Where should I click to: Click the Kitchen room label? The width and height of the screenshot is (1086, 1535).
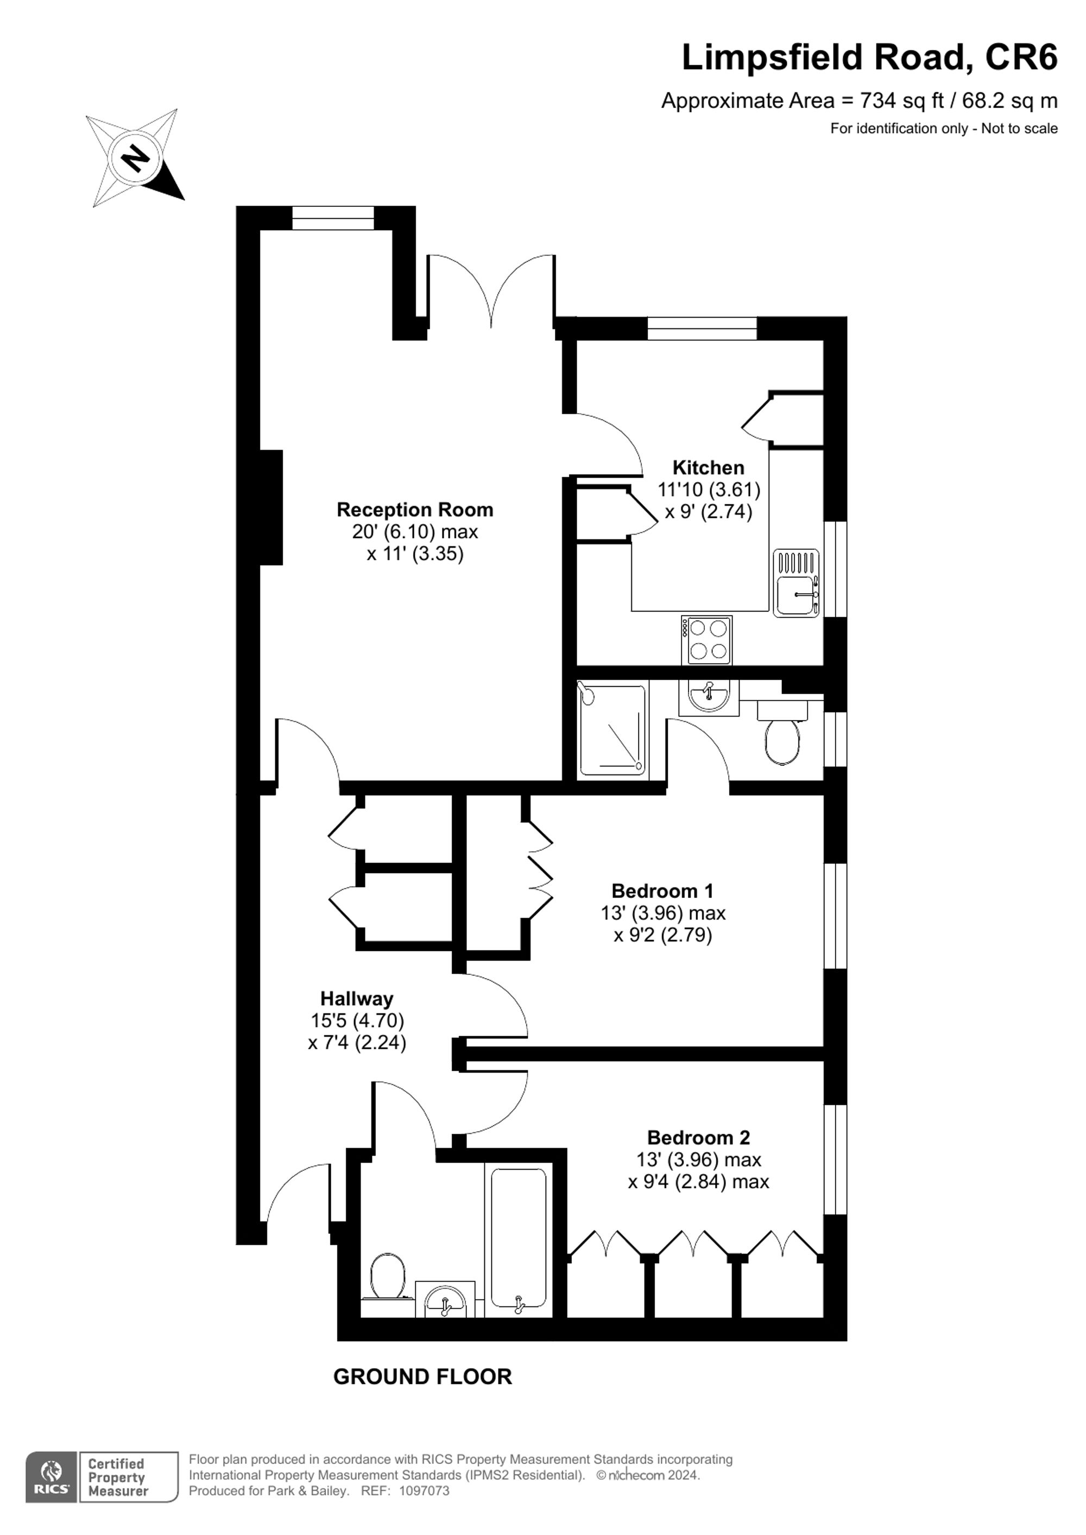click(x=708, y=467)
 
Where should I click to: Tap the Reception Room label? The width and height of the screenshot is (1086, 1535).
click(x=415, y=510)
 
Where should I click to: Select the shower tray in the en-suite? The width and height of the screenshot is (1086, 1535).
click(x=611, y=730)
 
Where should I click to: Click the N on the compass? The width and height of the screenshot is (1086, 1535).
click(x=136, y=158)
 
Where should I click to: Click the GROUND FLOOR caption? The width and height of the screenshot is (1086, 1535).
click(x=422, y=1377)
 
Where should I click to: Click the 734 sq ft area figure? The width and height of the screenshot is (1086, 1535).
click(x=901, y=100)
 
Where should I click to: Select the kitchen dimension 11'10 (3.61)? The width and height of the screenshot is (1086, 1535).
click(x=708, y=490)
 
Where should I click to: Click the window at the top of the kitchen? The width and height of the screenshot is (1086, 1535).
click(x=702, y=328)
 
